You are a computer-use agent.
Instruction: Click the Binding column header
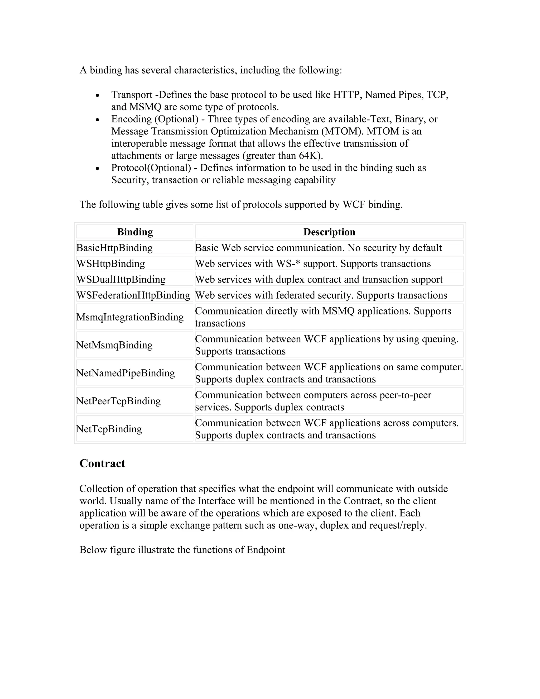(135, 232)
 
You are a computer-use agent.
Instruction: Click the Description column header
(329, 232)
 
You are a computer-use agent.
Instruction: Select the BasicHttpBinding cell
(114, 248)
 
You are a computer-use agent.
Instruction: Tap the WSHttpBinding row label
(111, 264)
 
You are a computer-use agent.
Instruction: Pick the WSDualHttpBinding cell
(121, 279)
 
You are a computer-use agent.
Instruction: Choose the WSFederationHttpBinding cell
(133, 295)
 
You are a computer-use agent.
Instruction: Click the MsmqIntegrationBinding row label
(130, 317)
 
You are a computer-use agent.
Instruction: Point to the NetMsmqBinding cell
(114, 345)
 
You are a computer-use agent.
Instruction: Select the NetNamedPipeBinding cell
(126, 373)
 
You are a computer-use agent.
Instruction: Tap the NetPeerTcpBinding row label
(118, 401)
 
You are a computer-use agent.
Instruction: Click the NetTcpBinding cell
(109, 429)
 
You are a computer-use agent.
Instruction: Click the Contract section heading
(102, 463)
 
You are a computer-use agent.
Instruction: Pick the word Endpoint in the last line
(266, 550)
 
